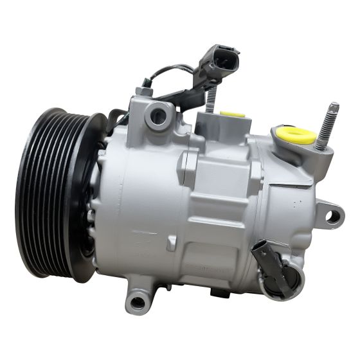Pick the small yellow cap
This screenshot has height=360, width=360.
click(x=232, y=113)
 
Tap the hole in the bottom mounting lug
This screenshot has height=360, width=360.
click(x=137, y=302)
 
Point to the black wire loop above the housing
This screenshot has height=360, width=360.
click(x=170, y=71)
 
